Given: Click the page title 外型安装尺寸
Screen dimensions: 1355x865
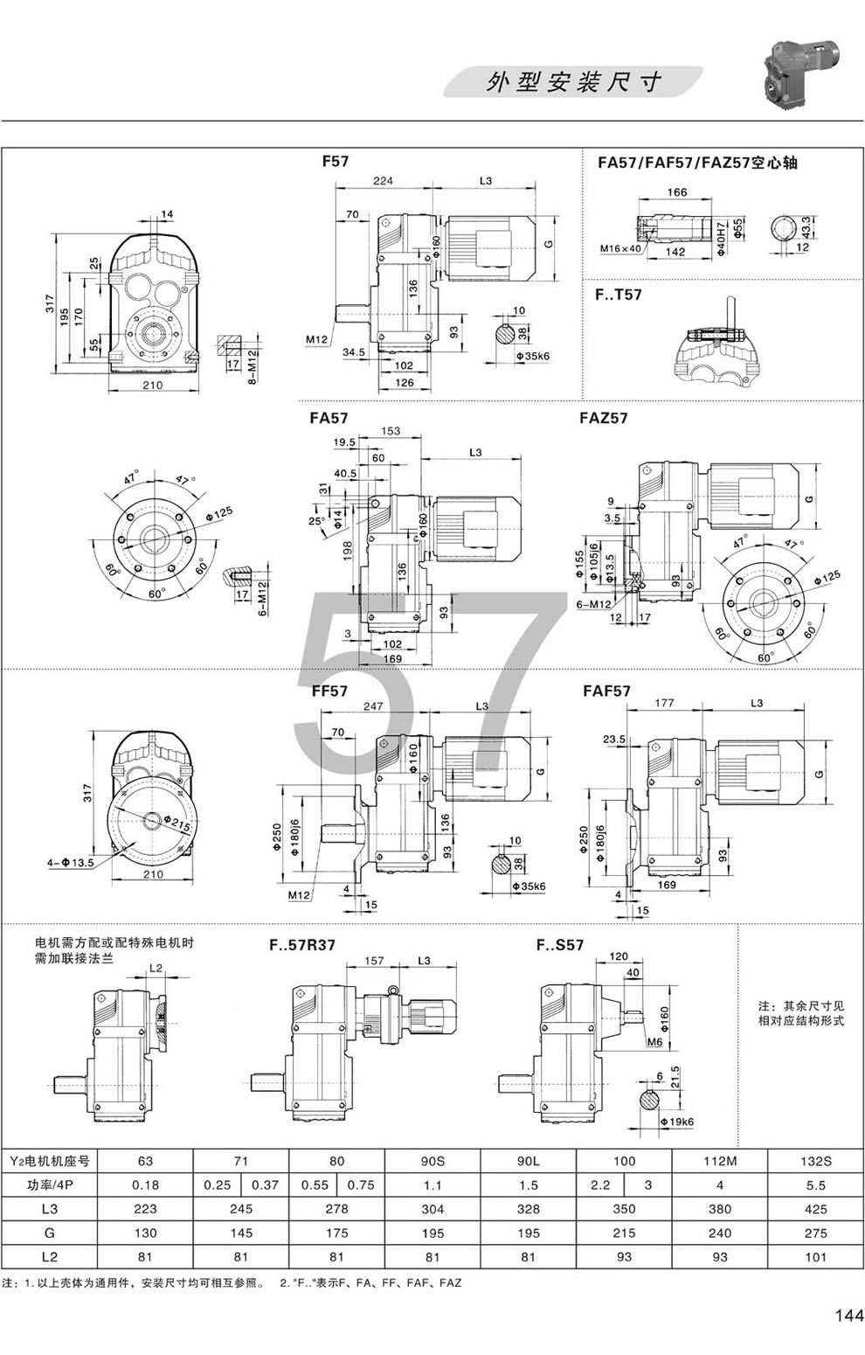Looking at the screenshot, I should (573, 82).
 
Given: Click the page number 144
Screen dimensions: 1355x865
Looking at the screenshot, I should (848, 1315).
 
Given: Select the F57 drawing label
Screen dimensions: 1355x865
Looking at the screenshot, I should (336, 162).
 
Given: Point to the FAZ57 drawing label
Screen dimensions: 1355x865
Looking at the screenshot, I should (603, 418).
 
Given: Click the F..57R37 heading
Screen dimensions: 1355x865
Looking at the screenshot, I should (302, 944).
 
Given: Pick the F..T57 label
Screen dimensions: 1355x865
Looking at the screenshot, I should (618, 295).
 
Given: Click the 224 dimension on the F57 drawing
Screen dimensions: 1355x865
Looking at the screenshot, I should (383, 181).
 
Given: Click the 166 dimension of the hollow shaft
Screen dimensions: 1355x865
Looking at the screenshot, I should (677, 193).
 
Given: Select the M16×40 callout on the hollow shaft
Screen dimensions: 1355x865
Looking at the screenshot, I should (620, 249).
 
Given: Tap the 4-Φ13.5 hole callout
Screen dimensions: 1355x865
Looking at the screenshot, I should (69, 864).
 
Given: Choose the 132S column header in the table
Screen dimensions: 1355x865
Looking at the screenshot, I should (814, 1162).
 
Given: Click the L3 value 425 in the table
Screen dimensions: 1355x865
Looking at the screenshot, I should (814, 1210).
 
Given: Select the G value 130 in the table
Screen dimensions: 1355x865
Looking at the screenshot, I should (145, 1233).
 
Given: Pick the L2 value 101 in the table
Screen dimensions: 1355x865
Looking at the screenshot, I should (814, 1257).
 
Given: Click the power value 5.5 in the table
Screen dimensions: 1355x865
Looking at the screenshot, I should (814, 1186).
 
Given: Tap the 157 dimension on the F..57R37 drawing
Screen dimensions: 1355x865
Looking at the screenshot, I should (373, 961).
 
